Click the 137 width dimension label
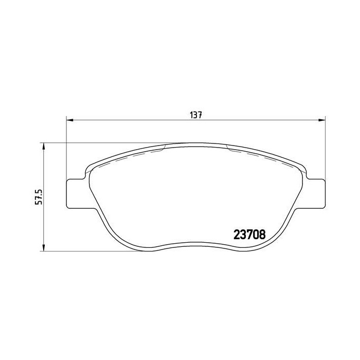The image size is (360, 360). pyautogui.click(x=195, y=115)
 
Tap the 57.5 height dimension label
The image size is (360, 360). pyautogui.click(x=37, y=196)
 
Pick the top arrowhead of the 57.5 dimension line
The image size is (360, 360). pyautogui.click(x=44, y=146)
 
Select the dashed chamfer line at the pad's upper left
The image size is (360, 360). pyautogui.click(x=129, y=154)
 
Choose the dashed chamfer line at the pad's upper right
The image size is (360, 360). pyautogui.click(x=257, y=154)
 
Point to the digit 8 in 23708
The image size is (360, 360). pyautogui.click(x=262, y=235)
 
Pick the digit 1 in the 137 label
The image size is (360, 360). pyautogui.click(x=191, y=115)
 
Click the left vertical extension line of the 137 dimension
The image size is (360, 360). pyautogui.click(x=67, y=144)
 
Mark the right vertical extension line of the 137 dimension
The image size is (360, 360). pyautogui.click(x=325, y=144)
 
